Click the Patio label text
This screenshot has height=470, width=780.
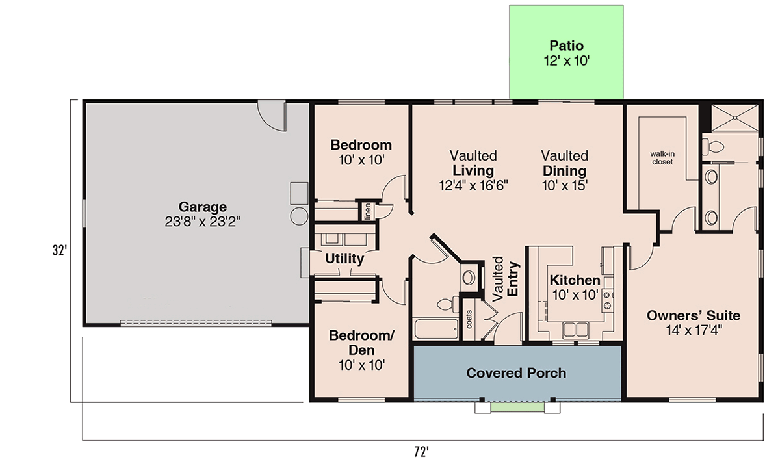[566, 46]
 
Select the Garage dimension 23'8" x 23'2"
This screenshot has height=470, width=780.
[203, 222]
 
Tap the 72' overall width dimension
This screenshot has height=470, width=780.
[422, 450]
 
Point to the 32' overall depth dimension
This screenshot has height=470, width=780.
[60, 250]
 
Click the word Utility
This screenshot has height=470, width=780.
[344, 259]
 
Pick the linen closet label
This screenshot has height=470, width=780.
[368, 211]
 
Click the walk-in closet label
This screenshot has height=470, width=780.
[662, 158]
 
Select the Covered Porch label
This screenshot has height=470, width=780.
[516, 373]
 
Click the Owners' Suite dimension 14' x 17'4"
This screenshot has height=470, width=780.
[693, 330]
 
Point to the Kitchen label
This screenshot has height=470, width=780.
[575, 281]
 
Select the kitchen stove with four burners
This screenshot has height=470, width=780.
[609, 300]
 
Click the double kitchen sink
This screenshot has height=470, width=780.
[576, 329]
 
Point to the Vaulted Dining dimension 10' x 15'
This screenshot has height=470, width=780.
[565, 185]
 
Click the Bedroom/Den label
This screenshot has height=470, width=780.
[361, 343]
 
